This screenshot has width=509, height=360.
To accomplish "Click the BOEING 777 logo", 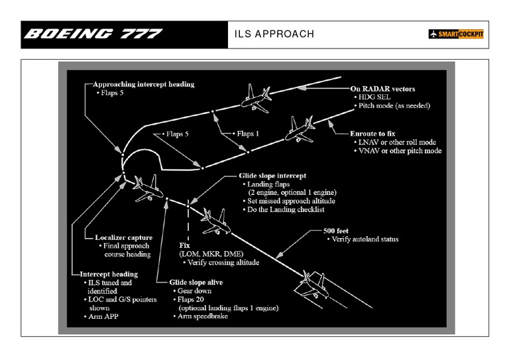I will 93,34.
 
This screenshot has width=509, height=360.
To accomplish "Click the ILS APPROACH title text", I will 274,34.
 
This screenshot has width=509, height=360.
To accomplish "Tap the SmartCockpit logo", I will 456,34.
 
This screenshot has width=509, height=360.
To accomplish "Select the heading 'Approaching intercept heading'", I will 143,84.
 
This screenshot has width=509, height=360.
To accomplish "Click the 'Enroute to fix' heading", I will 377,133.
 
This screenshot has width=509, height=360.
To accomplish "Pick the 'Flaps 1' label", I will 246,133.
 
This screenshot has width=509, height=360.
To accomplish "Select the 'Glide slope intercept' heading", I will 272,176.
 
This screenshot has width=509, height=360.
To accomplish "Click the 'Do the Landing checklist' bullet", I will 286,210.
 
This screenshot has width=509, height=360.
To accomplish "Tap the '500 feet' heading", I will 337,231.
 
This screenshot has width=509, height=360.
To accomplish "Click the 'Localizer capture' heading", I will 123,237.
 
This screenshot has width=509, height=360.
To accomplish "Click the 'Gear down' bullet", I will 194,290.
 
